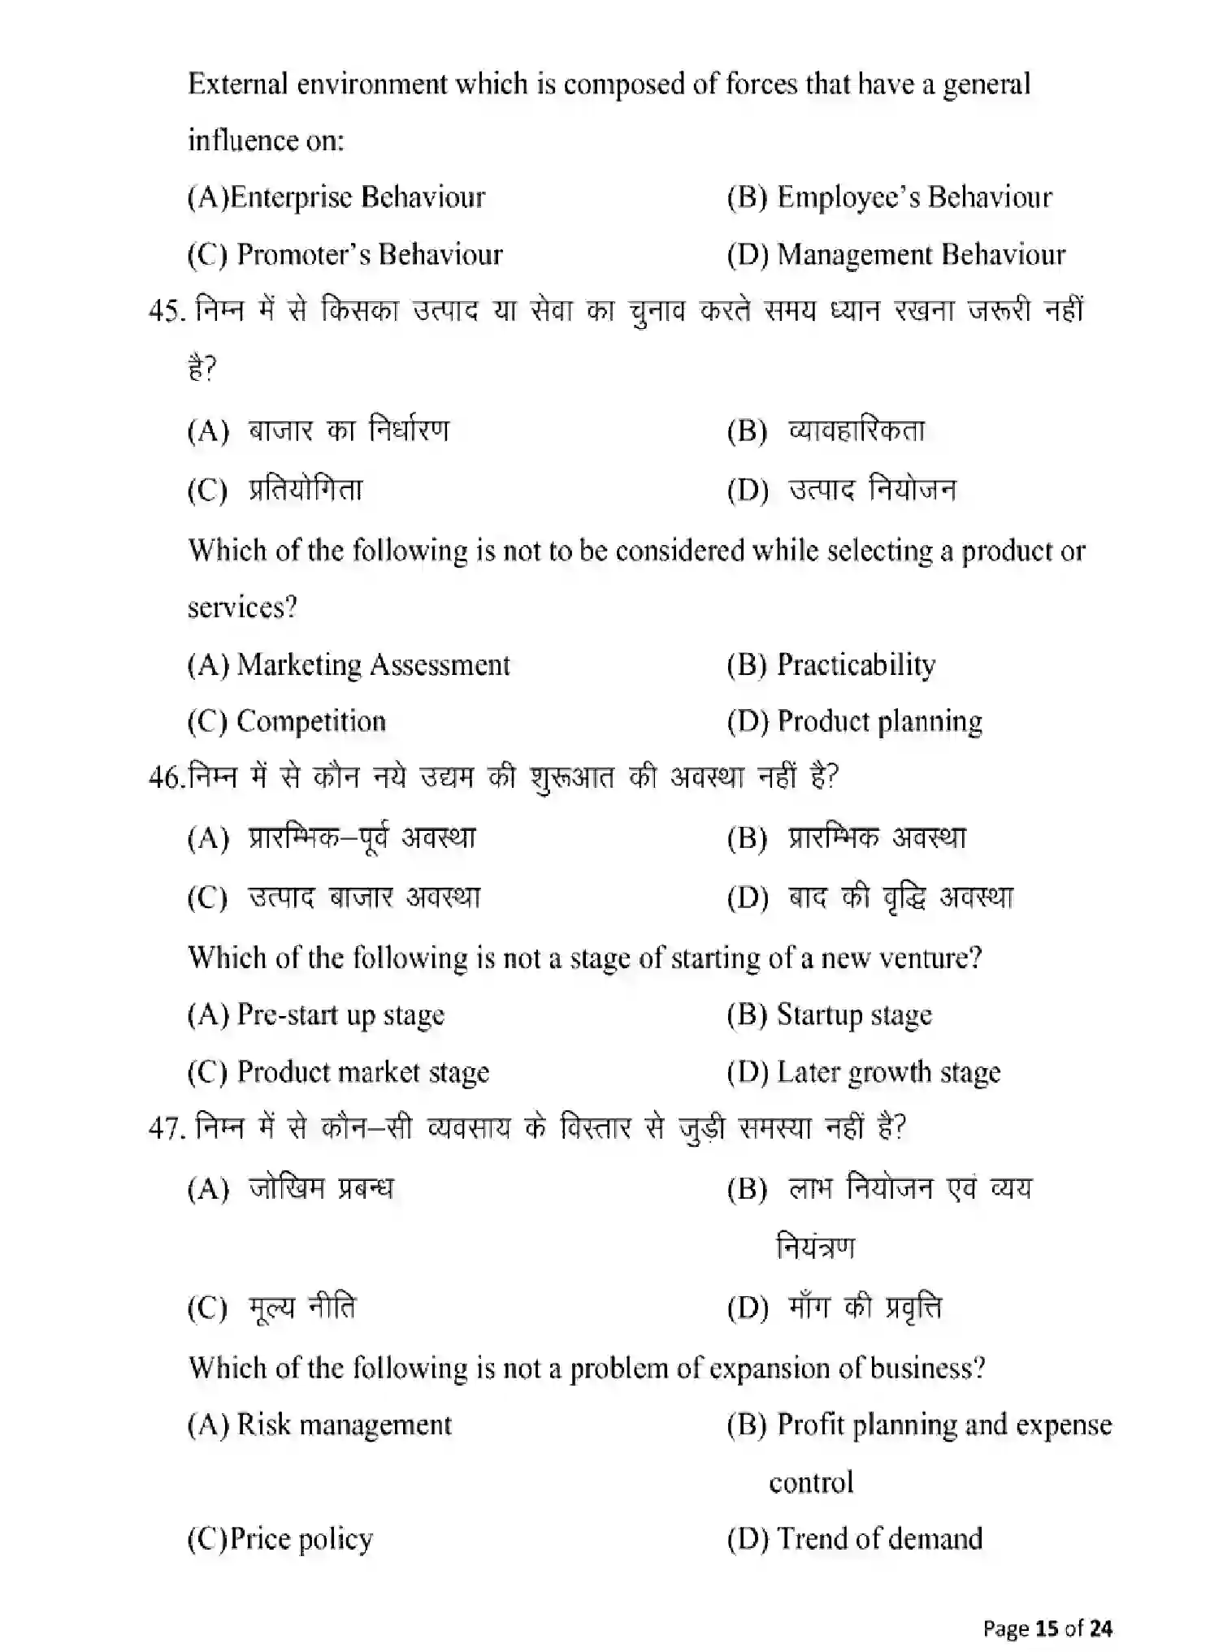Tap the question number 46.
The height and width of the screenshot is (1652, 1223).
pos(166,778)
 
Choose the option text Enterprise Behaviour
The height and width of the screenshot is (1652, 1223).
pos(357,197)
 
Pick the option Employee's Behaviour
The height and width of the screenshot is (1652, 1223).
pos(914,197)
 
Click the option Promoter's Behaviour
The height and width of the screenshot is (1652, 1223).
pos(370,255)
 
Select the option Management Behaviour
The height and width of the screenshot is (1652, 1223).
pos(921,255)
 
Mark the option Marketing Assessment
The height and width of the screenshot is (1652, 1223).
pos(373,665)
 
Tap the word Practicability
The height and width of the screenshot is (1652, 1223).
pos(857,665)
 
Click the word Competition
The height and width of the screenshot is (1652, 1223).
pos(311,722)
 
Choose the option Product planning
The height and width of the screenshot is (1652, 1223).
pos(879,722)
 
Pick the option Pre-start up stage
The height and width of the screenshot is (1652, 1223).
pos(340,1015)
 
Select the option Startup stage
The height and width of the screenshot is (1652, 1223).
pos(854,1015)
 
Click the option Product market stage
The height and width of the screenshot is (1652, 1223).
pos(362,1073)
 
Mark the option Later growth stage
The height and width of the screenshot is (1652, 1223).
pos(888,1073)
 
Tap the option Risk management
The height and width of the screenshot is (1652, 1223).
pos(344,1425)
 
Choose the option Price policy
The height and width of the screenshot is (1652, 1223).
pos(301,1539)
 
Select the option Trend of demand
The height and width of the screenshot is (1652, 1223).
pos(879,1539)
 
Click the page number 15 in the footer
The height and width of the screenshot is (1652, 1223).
pos(1047,1628)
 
